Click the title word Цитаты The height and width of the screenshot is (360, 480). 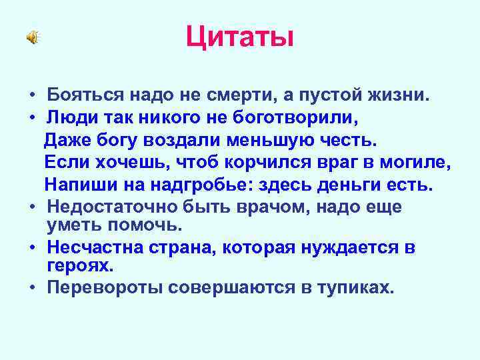[x=239, y=37]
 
